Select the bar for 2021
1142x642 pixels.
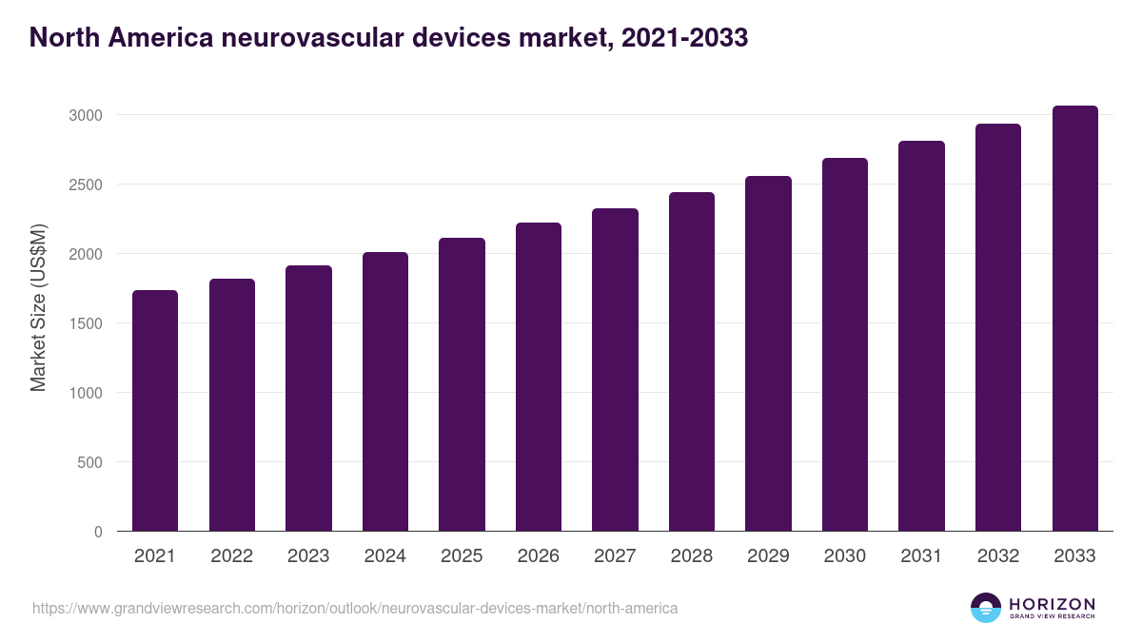155,411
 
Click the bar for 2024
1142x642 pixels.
384,392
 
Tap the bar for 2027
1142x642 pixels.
615,370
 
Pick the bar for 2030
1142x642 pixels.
844,344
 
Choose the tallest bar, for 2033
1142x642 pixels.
1074,319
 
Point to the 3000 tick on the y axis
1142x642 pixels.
86,115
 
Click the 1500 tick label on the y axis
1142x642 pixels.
86,323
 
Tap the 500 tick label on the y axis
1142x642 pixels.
90,462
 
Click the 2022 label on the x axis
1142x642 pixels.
231,556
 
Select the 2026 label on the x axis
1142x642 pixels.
538,556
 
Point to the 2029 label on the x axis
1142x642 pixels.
768,556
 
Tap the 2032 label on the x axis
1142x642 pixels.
997,556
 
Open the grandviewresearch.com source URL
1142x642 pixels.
355,608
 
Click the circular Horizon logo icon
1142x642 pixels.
986,608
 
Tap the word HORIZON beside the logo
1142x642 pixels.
1052,604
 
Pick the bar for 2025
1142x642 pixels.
462,384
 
